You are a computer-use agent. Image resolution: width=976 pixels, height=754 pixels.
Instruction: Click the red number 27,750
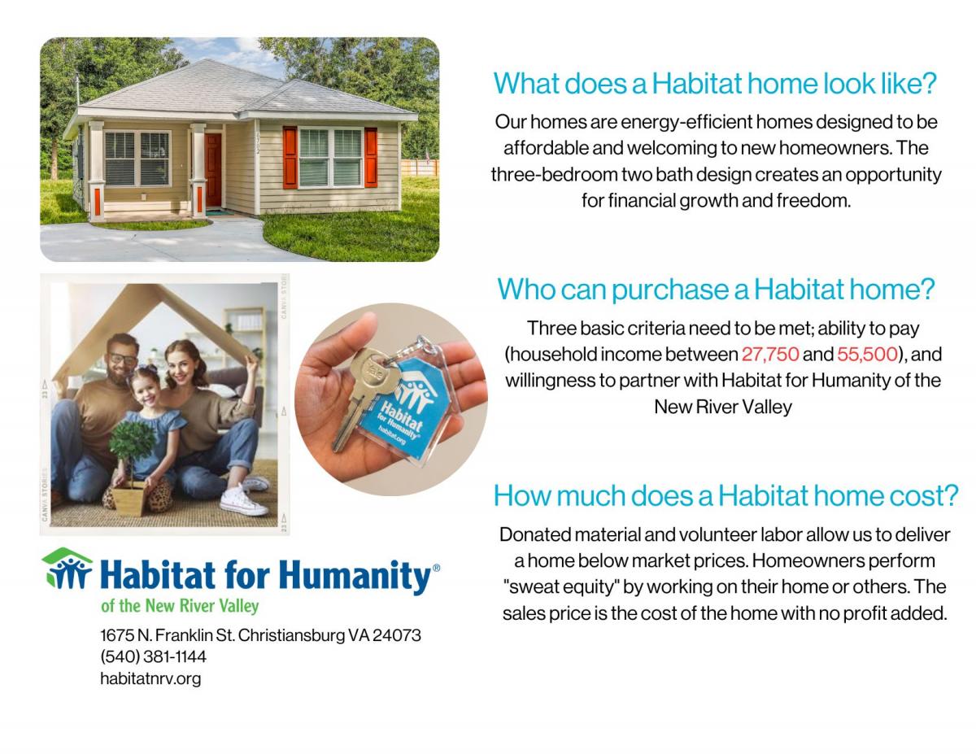(770, 355)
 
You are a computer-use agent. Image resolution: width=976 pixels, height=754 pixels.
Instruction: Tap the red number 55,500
(867, 355)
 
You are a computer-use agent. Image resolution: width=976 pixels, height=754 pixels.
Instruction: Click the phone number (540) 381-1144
(153, 657)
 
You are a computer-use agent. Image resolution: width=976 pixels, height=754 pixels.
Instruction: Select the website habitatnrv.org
(150, 678)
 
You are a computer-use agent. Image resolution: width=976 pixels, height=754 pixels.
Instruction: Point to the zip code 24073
(397, 635)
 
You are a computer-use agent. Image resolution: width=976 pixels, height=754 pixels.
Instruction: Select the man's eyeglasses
(123, 360)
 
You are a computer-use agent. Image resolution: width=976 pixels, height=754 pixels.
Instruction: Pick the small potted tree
(132, 468)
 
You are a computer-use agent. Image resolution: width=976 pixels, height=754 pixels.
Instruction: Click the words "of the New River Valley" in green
(180, 606)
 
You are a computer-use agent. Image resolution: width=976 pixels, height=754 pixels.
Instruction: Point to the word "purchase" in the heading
(670, 290)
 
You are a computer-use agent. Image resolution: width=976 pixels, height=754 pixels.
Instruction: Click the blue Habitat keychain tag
(406, 408)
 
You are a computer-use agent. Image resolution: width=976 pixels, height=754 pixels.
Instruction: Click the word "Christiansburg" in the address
(291, 636)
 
